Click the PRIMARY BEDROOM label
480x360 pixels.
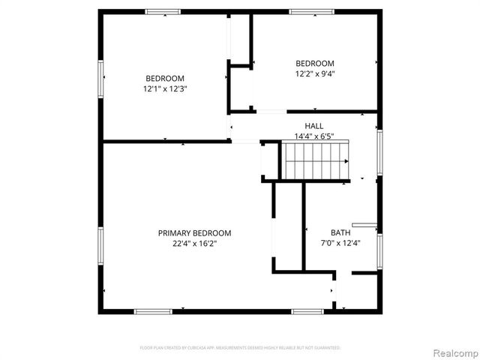click(194, 233)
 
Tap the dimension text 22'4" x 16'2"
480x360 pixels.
click(194, 243)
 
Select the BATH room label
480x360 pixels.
click(340, 232)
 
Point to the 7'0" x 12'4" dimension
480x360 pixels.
click(340, 243)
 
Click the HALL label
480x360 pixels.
click(313, 125)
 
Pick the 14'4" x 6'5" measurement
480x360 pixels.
click(313, 136)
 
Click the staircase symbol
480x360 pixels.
click(316, 160)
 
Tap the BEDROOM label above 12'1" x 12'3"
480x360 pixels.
click(164, 79)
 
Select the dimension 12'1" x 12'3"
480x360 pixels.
click(164, 88)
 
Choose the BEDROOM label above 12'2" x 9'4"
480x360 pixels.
click(315, 64)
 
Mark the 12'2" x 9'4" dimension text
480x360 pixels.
click(315, 73)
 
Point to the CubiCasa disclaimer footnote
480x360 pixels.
click(240, 348)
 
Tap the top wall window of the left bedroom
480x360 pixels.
click(163, 11)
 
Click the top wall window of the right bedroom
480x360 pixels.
click(311, 11)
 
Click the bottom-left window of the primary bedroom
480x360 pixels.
click(152, 311)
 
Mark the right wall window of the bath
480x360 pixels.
click(379, 251)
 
